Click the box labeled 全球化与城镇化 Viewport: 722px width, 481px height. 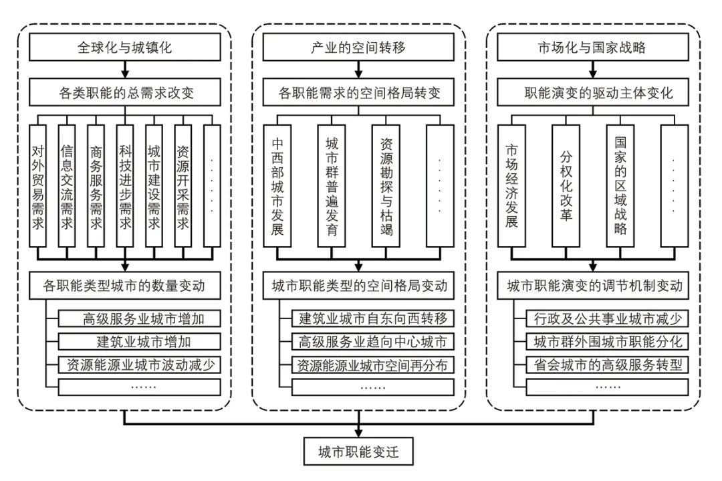pyautogui.click(x=125, y=49)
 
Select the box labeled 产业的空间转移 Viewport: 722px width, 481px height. pyautogui.click(x=359, y=49)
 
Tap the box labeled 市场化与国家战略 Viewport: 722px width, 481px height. pyautogui.click(x=593, y=49)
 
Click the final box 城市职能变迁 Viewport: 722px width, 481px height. pyautogui.click(x=359, y=452)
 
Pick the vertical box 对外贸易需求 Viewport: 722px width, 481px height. pyautogui.click(x=38, y=187)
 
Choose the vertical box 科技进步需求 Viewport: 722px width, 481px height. pyautogui.click(x=125, y=187)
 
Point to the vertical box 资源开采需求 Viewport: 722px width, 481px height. pyautogui.click(x=183, y=187)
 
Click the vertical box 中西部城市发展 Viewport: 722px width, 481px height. pyautogui.click(x=277, y=187)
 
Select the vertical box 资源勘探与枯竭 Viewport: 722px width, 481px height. pyautogui.click(x=386, y=187)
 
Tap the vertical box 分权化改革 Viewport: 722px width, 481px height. pyautogui.click(x=566, y=187)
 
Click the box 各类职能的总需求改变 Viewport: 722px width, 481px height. pyautogui.click(x=125, y=93)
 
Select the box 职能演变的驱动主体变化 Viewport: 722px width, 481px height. pyautogui.click(x=593, y=93)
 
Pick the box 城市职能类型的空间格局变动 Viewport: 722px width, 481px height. pyautogui.click(x=359, y=286)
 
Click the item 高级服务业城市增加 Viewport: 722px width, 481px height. pyautogui.click(x=139, y=319)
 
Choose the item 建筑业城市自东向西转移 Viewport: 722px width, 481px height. pyautogui.click(x=373, y=319)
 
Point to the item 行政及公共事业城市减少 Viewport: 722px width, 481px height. pyautogui.click(x=607, y=319)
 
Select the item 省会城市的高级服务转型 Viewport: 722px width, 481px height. pyautogui.click(x=607, y=365)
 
